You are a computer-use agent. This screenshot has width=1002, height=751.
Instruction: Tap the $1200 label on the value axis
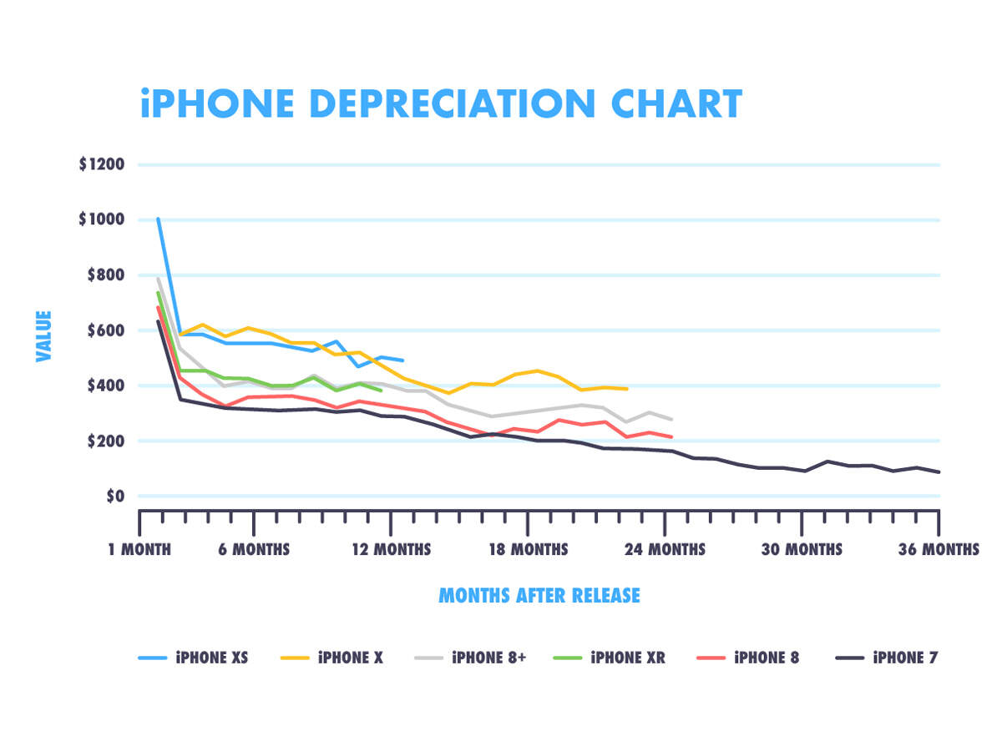(102, 164)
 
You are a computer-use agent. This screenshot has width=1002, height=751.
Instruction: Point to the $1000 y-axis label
(102, 219)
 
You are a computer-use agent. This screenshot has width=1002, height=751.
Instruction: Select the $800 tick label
(105, 275)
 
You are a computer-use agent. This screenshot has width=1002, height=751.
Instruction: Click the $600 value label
(105, 330)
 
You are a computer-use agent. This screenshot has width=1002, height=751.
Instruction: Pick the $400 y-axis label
(105, 386)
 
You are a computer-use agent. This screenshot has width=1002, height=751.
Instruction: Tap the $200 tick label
(105, 441)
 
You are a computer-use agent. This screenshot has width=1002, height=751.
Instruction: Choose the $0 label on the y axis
(114, 496)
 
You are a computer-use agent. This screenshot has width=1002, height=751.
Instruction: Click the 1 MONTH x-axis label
(139, 549)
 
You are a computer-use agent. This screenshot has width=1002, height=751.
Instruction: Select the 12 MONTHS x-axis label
(391, 549)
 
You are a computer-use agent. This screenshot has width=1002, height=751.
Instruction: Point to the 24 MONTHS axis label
(665, 549)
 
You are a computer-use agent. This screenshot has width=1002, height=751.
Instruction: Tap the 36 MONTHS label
(939, 549)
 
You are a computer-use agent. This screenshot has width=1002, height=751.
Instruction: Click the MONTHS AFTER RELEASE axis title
(539, 596)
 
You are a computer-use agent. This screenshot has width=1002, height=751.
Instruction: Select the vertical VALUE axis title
(44, 336)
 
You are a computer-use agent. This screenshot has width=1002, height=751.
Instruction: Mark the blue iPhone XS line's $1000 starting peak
(158, 219)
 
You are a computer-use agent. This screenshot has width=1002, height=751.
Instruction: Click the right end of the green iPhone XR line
(381, 390)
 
